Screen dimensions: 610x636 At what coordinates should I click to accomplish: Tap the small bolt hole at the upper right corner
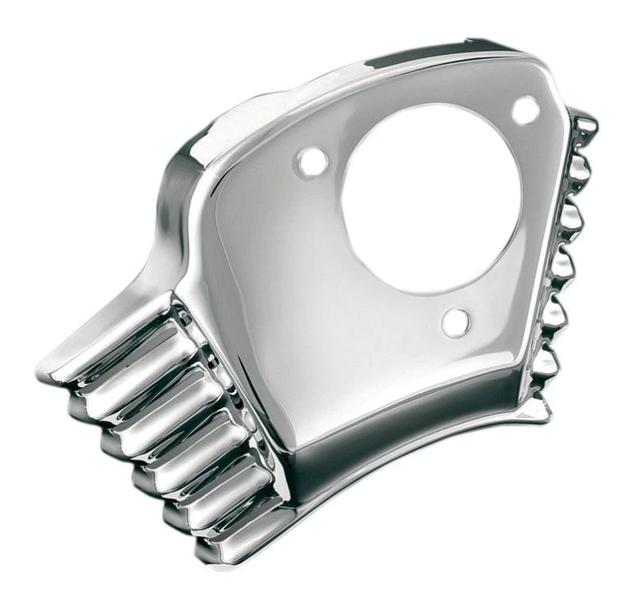click(x=525, y=110)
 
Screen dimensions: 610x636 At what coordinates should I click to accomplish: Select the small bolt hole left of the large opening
click(x=311, y=161)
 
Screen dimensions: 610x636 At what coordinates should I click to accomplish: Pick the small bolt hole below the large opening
click(x=455, y=322)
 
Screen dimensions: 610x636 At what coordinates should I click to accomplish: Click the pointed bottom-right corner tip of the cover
click(x=547, y=410)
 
